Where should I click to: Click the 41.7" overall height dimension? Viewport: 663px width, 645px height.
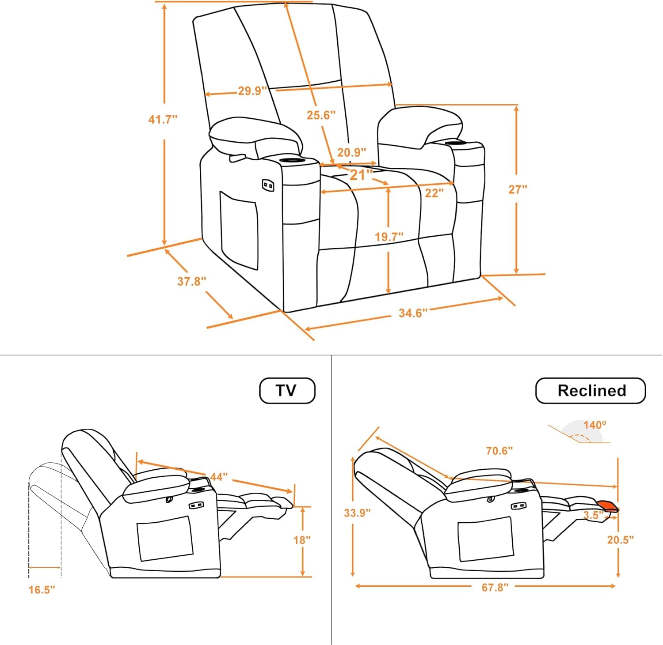pyautogui.click(x=163, y=119)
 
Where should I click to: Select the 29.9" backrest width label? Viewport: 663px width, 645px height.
pyautogui.click(x=252, y=91)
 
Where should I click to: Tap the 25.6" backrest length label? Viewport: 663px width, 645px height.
pyautogui.click(x=321, y=115)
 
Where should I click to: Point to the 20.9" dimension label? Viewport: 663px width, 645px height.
pyautogui.click(x=352, y=153)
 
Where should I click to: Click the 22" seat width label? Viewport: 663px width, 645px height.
pyautogui.click(x=434, y=193)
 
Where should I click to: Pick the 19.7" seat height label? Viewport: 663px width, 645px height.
pyautogui.click(x=389, y=237)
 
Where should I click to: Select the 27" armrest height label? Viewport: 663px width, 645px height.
pyautogui.click(x=518, y=189)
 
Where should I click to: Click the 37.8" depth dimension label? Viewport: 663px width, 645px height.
pyautogui.click(x=191, y=281)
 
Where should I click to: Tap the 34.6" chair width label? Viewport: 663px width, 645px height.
pyautogui.click(x=413, y=313)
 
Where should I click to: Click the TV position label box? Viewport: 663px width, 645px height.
pyautogui.click(x=287, y=391)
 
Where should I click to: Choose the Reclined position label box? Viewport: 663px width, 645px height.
pyautogui.click(x=591, y=391)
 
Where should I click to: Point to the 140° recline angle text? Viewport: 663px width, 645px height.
pyautogui.click(x=594, y=425)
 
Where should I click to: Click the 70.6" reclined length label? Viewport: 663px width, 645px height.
pyautogui.click(x=499, y=451)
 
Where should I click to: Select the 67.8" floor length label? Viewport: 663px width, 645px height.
pyautogui.click(x=495, y=587)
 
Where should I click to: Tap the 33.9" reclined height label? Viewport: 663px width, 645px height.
pyautogui.click(x=357, y=513)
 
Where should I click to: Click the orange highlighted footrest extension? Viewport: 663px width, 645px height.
pyautogui.click(x=607, y=506)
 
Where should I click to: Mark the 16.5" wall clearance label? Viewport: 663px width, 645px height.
pyautogui.click(x=42, y=590)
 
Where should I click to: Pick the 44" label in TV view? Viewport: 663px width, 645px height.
pyautogui.click(x=219, y=477)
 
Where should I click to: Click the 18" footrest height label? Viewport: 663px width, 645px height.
pyautogui.click(x=302, y=540)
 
